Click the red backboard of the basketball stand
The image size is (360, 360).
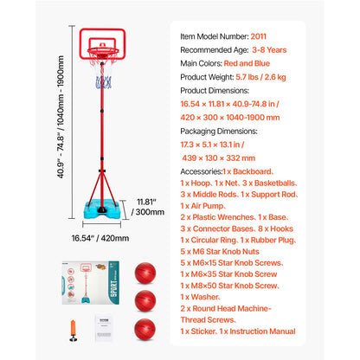[x=106, y=42]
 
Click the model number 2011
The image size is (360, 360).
[x=258, y=35]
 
